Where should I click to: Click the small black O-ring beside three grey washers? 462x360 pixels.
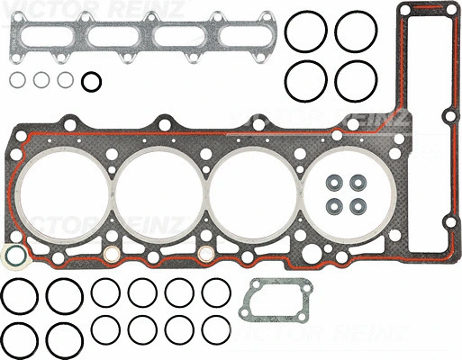tap(91, 82)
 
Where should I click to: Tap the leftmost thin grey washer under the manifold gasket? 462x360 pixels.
tap(18, 80)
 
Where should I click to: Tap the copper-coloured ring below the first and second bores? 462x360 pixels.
tap(110, 256)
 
